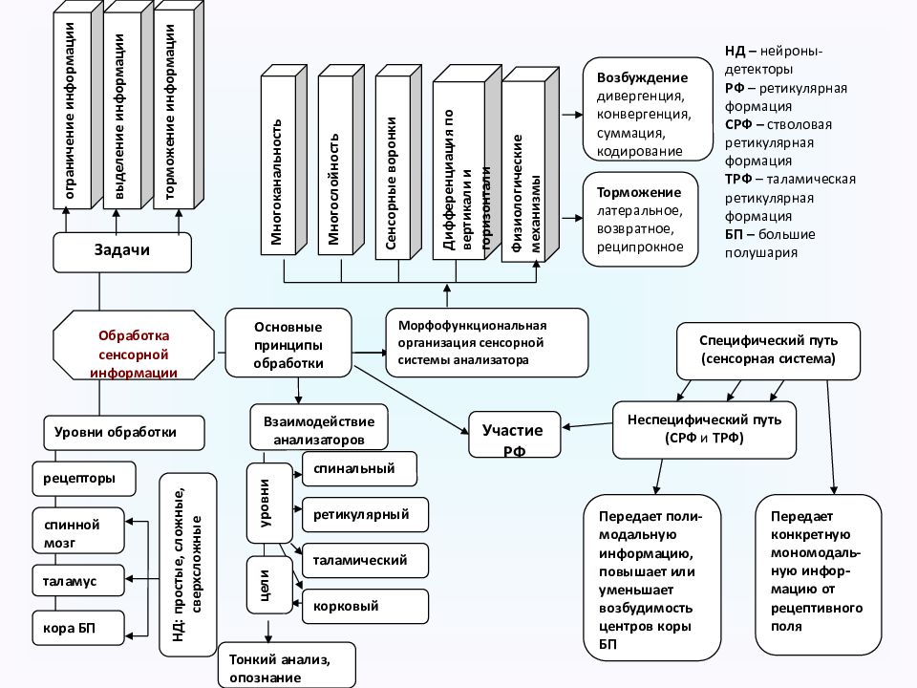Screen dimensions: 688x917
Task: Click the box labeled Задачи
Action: [122, 251]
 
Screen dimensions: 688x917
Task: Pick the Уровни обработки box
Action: [123, 432]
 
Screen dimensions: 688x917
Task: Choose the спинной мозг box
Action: [79, 530]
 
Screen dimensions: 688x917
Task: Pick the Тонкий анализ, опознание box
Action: [287, 667]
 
